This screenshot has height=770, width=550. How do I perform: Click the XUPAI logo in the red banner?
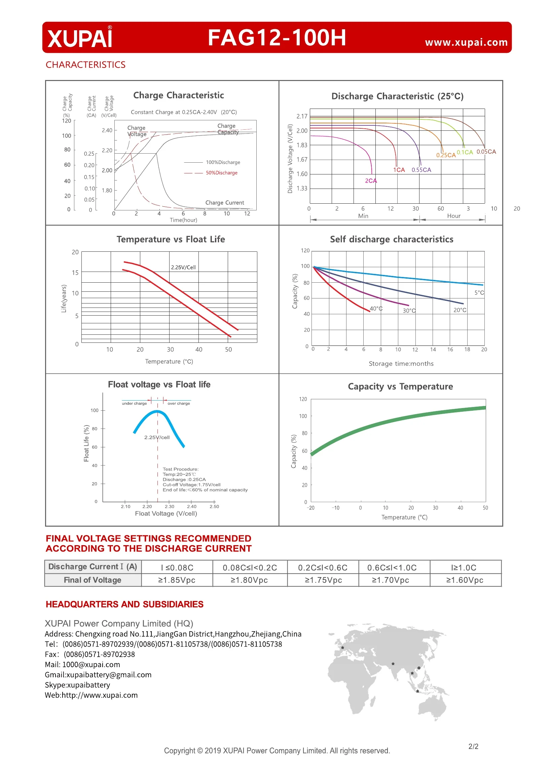tap(80, 38)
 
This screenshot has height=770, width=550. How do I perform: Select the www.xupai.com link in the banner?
tap(466, 42)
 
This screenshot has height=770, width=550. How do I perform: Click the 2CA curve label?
tap(371, 181)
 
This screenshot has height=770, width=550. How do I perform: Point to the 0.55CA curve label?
tap(421, 170)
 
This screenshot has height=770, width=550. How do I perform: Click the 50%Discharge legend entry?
tap(221, 173)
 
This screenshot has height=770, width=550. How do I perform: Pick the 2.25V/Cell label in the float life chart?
tap(183, 267)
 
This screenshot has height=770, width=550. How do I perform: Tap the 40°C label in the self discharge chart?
tap(376, 309)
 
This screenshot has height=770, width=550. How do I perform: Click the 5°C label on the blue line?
tap(479, 293)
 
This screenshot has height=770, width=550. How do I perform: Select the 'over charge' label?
tap(179, 403)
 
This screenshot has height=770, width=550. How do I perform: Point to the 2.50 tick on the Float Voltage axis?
tap(214, 506)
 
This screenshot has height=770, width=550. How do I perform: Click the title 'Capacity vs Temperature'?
tap(400, 387)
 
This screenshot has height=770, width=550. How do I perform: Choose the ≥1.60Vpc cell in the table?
tap(465, 580)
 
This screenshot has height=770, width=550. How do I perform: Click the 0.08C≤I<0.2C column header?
tap(250, 567)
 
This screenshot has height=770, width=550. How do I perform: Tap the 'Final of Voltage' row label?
tap(93, 580)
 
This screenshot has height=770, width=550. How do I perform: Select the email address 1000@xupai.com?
tap(91, 664)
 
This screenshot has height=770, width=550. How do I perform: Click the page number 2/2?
tap(473, 746)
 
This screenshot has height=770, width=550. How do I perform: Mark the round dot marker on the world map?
tap(419, 668)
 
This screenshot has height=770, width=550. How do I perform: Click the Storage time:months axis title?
tap(401, 363)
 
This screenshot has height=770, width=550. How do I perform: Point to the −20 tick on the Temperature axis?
tap(310, 508)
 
